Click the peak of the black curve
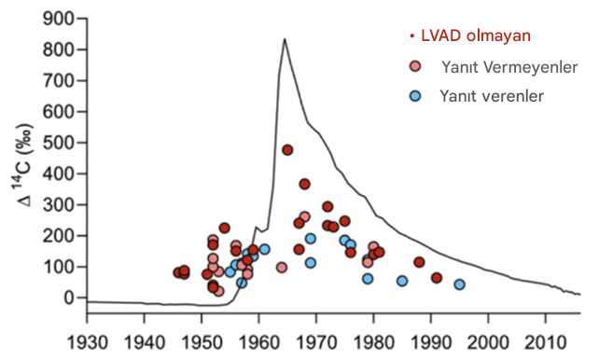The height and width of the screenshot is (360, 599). pos(284,39)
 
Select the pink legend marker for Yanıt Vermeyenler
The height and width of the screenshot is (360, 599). pos(416,66)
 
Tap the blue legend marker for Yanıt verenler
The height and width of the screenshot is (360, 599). pos(416,95)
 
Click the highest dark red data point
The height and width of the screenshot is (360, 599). pos(287,149)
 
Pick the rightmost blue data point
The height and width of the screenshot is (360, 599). pos(459,284)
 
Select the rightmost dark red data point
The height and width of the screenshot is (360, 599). pos(437,278)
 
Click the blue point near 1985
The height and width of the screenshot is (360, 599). pos(402,281)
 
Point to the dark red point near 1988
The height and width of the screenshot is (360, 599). pos(419,262)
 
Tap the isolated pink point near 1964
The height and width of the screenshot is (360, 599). pos(282,268)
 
